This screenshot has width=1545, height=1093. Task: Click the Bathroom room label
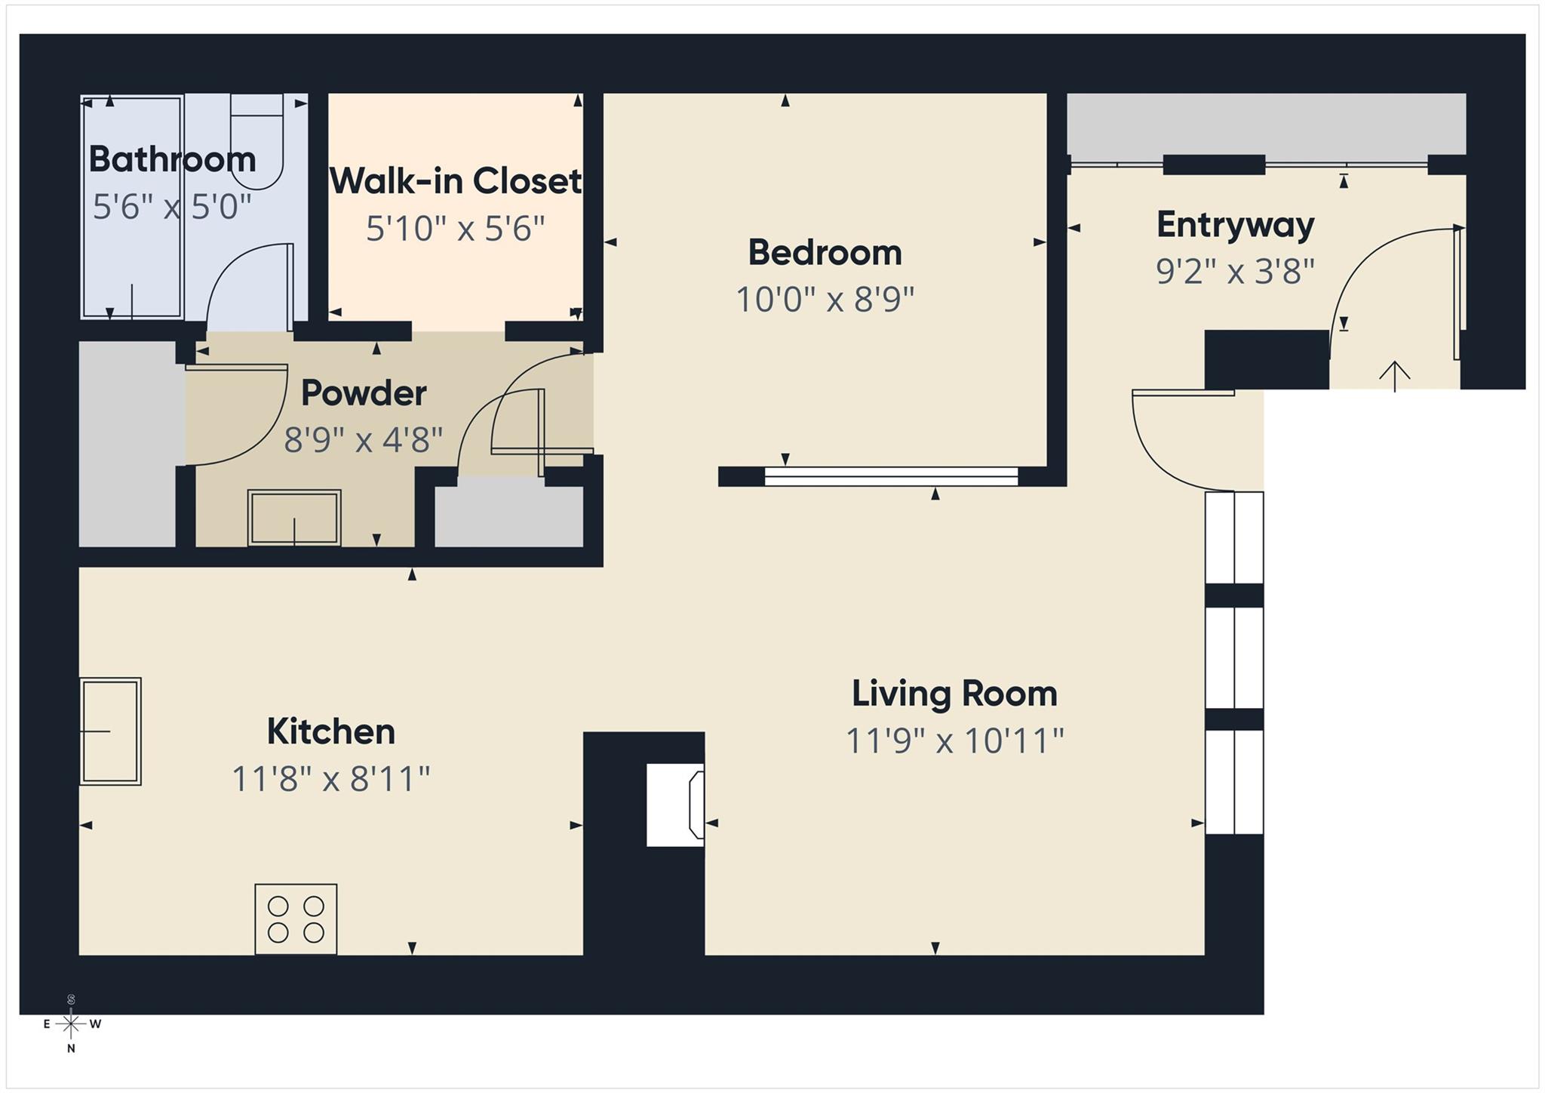point(172,159)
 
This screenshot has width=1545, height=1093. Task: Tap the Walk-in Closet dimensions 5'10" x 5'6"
point(455,228)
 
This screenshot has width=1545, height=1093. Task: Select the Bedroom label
point(825,252)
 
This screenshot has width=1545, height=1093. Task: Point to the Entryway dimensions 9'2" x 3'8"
point(1235,271)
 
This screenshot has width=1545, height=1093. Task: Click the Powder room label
point(364,393)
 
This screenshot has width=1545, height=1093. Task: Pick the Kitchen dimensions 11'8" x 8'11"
point(330,778)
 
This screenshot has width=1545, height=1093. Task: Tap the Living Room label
point(954,694)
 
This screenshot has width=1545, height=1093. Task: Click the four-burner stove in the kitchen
point(296,919)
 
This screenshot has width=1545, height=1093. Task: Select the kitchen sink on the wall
point(111,731)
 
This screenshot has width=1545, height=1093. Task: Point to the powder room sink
point(294,518)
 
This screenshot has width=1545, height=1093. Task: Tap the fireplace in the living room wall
point(676,805)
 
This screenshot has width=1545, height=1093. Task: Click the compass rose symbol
point(71,1024)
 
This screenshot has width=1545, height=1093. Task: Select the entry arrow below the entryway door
point(1395,376)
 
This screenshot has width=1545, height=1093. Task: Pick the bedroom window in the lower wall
point(891,476)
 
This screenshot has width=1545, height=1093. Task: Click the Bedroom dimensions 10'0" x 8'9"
point(825,300)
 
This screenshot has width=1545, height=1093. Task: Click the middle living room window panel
point(1234,657)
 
